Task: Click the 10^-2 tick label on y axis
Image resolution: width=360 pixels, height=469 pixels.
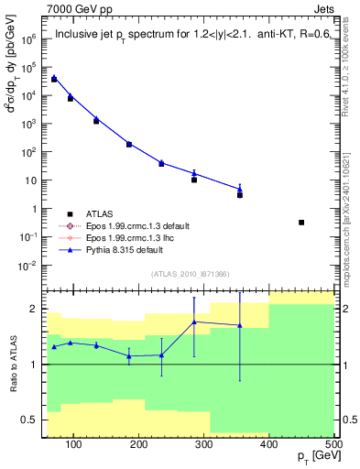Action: coord(28,266)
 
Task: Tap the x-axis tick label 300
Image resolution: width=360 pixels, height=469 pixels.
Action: coord(204,445)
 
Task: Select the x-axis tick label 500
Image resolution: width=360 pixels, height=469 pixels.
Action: coord(333,445)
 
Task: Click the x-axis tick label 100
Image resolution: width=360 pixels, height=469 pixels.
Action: coord(75,445)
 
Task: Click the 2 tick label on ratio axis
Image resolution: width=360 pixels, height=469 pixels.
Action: coord(33,310)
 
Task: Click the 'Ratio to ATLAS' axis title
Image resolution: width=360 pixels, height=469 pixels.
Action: coord(11,365)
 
